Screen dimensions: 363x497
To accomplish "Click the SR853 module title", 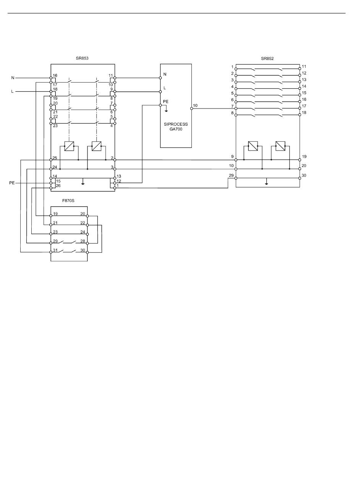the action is point(82,58).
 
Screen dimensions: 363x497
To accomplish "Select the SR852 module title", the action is point(267,58).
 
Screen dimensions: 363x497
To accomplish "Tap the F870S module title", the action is point(68,201).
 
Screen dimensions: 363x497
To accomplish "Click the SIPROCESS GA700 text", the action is point(176,127).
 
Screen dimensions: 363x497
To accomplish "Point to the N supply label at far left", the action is point(13,78).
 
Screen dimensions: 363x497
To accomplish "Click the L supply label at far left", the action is point(13,91).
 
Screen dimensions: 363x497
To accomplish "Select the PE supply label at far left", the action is point(12,183).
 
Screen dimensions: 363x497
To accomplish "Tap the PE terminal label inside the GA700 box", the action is point(166,102).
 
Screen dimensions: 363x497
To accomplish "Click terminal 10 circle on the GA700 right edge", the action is point(191,108).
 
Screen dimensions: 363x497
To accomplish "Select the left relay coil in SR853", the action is point(69,146).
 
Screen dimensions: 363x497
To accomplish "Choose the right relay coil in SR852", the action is point(280,146).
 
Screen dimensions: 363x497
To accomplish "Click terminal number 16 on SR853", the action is point(55,76).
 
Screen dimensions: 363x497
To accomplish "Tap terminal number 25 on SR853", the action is point(55,158).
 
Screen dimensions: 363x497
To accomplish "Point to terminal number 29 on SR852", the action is point(231,175).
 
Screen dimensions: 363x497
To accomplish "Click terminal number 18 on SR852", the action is point(304,112).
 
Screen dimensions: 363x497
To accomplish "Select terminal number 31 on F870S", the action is point(55,250).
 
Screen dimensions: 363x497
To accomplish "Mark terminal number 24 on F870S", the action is point(83,232).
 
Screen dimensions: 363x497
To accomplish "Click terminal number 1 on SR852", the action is point(232,67).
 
